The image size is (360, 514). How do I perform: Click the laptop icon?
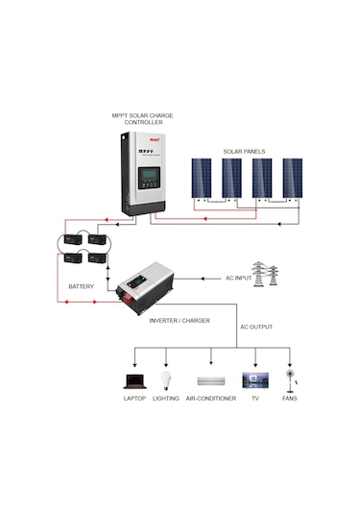click(x=134, y=381)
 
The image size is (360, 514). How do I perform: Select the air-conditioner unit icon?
click(x=211, y=381)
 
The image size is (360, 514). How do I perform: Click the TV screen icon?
click(x=255, y=380)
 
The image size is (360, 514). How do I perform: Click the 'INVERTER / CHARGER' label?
click(x=180, y=320)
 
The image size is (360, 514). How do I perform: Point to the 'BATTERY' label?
click(x=83, y=287)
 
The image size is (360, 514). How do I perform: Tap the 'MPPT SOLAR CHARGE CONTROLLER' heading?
click(x=138, y=120)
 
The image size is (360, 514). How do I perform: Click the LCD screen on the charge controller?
click(x=149, y=179)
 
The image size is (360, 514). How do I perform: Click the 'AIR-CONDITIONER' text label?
click(x=211, y=398)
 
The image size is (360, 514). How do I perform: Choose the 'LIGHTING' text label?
click(x=166, y=398)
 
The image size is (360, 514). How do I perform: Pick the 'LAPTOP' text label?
click(x=134, y=398)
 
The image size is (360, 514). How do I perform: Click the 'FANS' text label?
click(x=289, y=398)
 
